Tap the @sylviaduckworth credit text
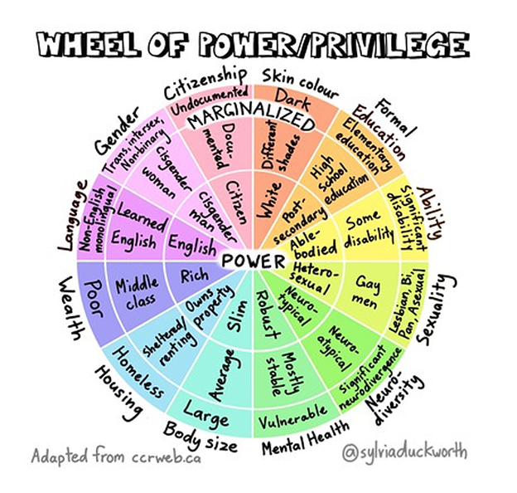(x=407, y=454)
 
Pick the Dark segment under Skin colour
(x=292, y=102)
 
